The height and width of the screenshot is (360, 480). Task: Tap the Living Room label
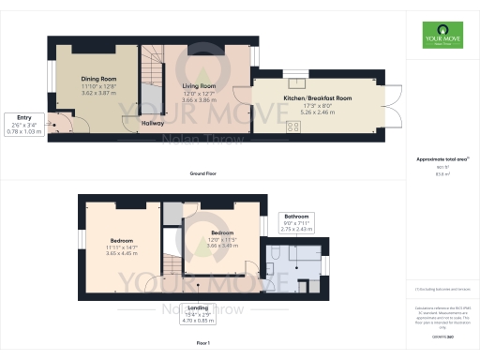point(198,84)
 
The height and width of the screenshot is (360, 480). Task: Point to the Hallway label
point(153,123)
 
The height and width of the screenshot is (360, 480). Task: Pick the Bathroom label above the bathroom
point(298,217)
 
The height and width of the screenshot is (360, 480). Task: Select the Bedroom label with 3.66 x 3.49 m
point(222,232)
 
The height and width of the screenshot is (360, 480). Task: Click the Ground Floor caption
point(204,175)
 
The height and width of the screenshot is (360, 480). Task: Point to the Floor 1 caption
point(203,344)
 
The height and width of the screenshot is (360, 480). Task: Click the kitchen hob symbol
point(292,126)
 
